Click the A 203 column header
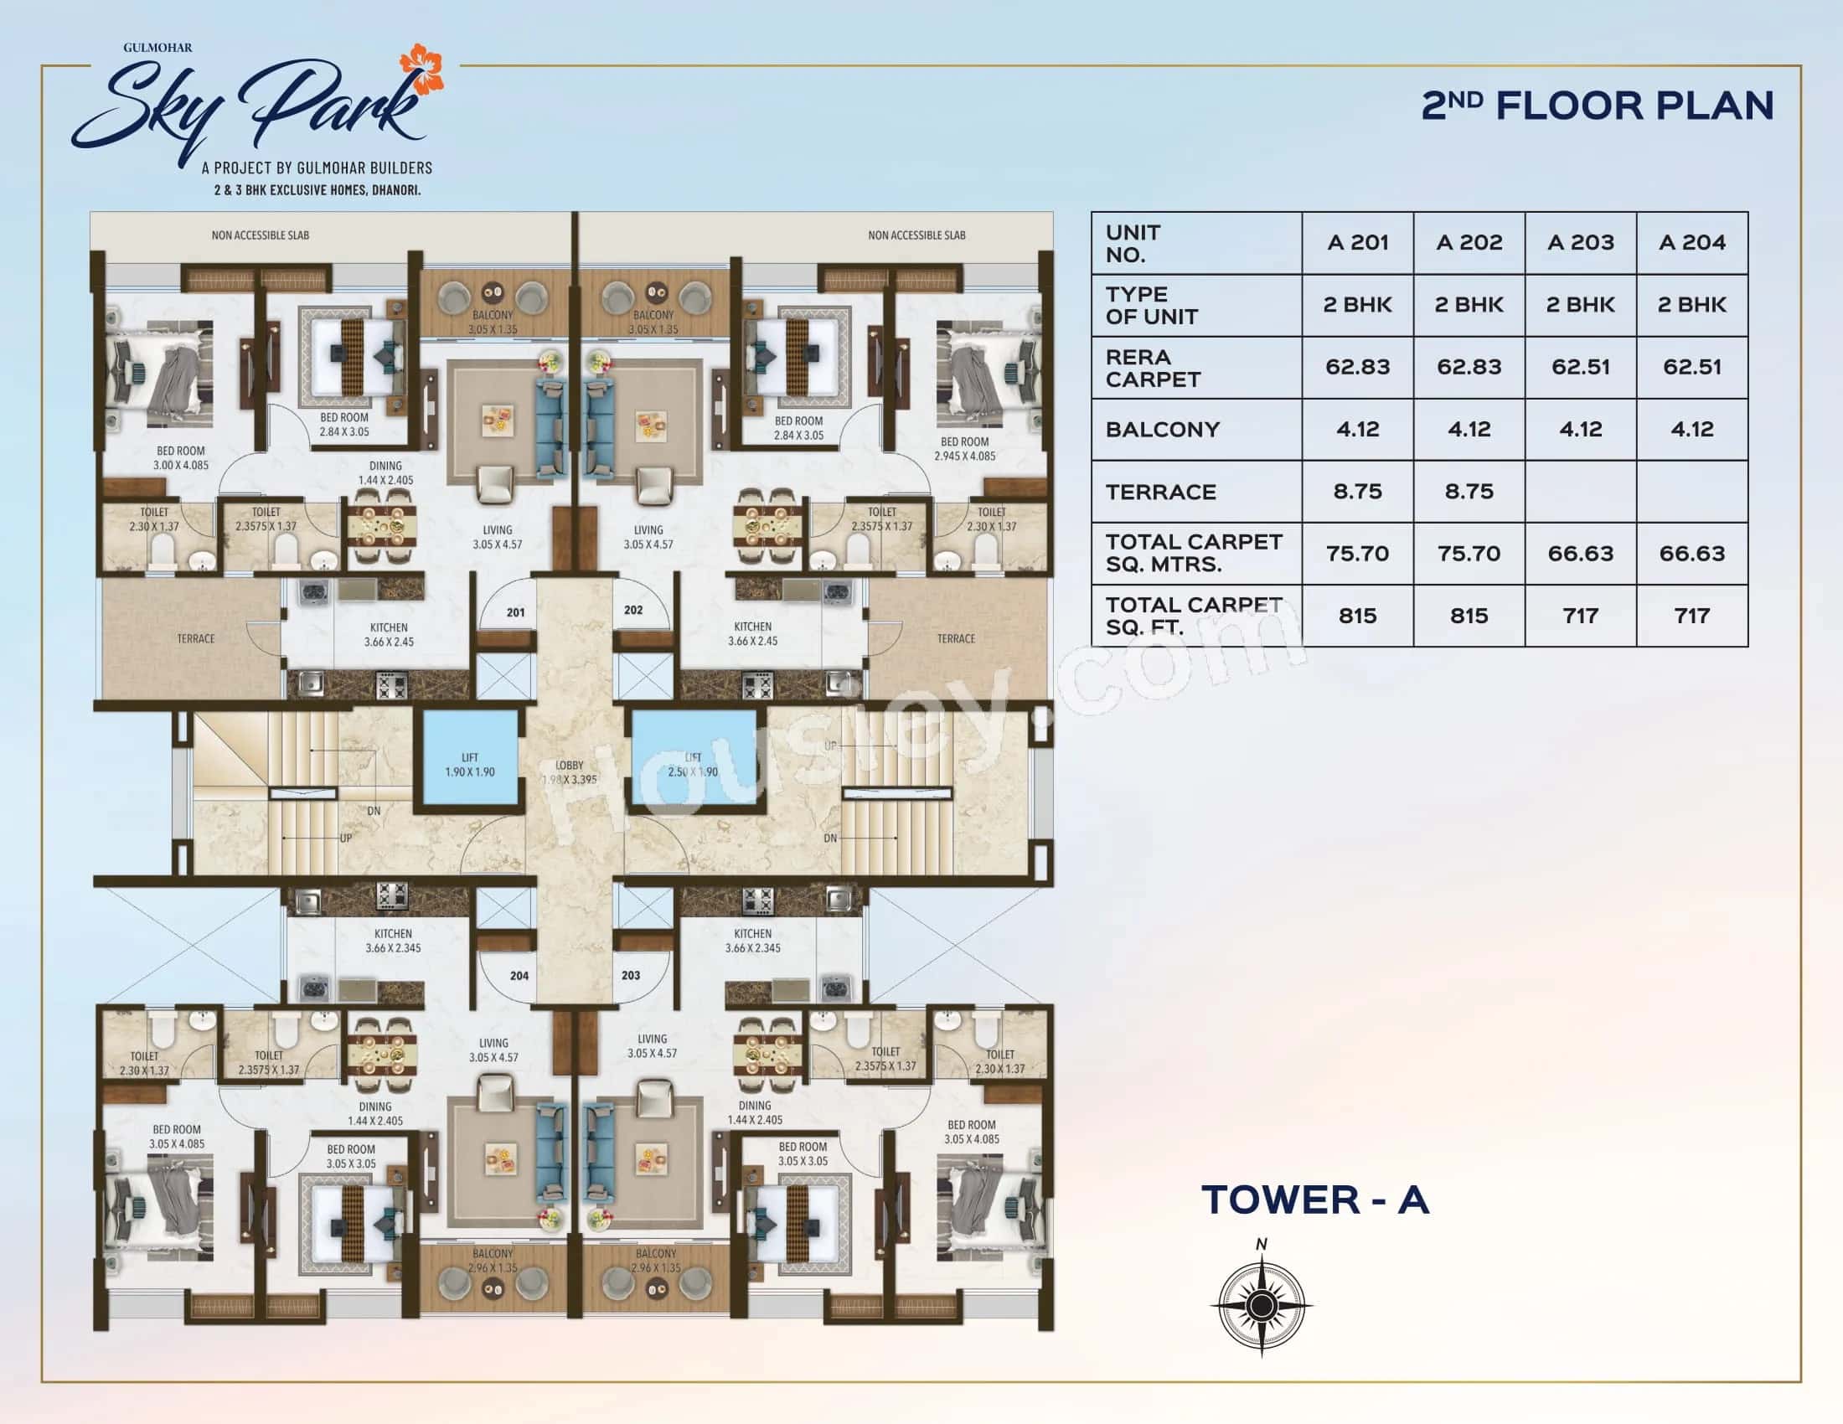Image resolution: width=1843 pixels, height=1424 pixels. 1581,243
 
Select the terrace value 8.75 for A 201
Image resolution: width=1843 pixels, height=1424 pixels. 1357,492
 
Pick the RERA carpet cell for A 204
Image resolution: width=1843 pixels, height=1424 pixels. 1692,367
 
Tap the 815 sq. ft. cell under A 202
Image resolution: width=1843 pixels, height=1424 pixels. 1469,616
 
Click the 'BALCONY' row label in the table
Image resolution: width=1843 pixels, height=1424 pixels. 1162,430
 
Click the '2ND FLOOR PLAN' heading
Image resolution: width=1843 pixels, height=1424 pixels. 1598,106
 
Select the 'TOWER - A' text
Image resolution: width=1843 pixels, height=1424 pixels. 1314,1200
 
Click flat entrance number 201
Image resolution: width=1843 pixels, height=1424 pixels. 515,612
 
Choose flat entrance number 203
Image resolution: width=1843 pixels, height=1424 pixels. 630,975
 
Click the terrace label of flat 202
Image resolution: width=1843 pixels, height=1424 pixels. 955,638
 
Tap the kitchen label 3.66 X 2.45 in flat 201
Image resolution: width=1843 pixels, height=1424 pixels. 388,634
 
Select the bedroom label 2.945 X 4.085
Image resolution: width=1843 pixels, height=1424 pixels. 964,449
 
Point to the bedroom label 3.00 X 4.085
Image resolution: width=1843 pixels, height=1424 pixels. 181,458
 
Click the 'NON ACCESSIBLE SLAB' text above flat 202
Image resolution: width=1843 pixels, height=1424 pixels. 916,235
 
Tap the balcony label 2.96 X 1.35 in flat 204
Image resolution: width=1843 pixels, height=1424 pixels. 493,1261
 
